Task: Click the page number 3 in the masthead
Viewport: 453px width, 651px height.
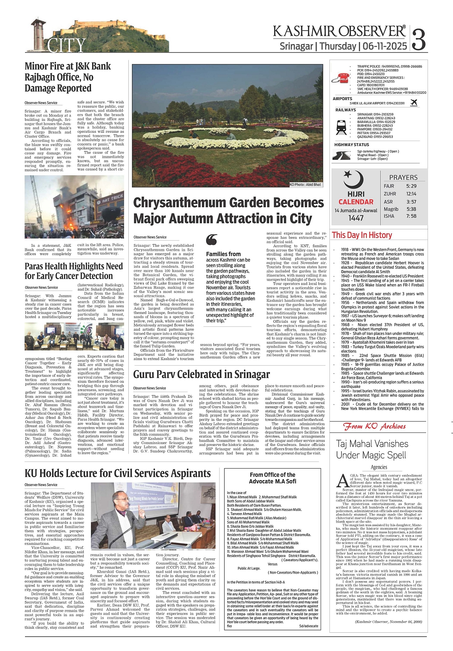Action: click(419, 39)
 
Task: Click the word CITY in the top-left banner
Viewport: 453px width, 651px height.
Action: click(66, 45)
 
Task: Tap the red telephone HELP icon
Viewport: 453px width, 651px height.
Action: click(342, 78)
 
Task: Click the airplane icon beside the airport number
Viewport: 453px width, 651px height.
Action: click(414, 103)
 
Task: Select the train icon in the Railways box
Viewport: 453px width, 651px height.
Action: click(341, 126)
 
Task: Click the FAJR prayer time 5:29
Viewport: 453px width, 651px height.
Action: click(411, 186)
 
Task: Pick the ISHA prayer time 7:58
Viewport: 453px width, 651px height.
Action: click(411, 216)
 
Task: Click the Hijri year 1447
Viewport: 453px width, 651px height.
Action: click(356, 218)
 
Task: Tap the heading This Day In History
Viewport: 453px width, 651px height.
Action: click(362, 235)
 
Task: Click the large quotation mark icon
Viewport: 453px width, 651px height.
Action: click(212, 240)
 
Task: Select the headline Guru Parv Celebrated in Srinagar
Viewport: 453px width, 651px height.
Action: click(201, 374)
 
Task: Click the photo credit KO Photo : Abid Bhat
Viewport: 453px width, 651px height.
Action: click(305, 184)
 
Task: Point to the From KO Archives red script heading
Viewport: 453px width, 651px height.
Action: click(375, 426)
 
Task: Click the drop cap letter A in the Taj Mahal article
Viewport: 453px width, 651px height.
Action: click(342, 480)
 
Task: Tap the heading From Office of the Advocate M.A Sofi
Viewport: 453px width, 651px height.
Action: click(273, 478)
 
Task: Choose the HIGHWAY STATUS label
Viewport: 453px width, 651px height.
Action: click(352, 145)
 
